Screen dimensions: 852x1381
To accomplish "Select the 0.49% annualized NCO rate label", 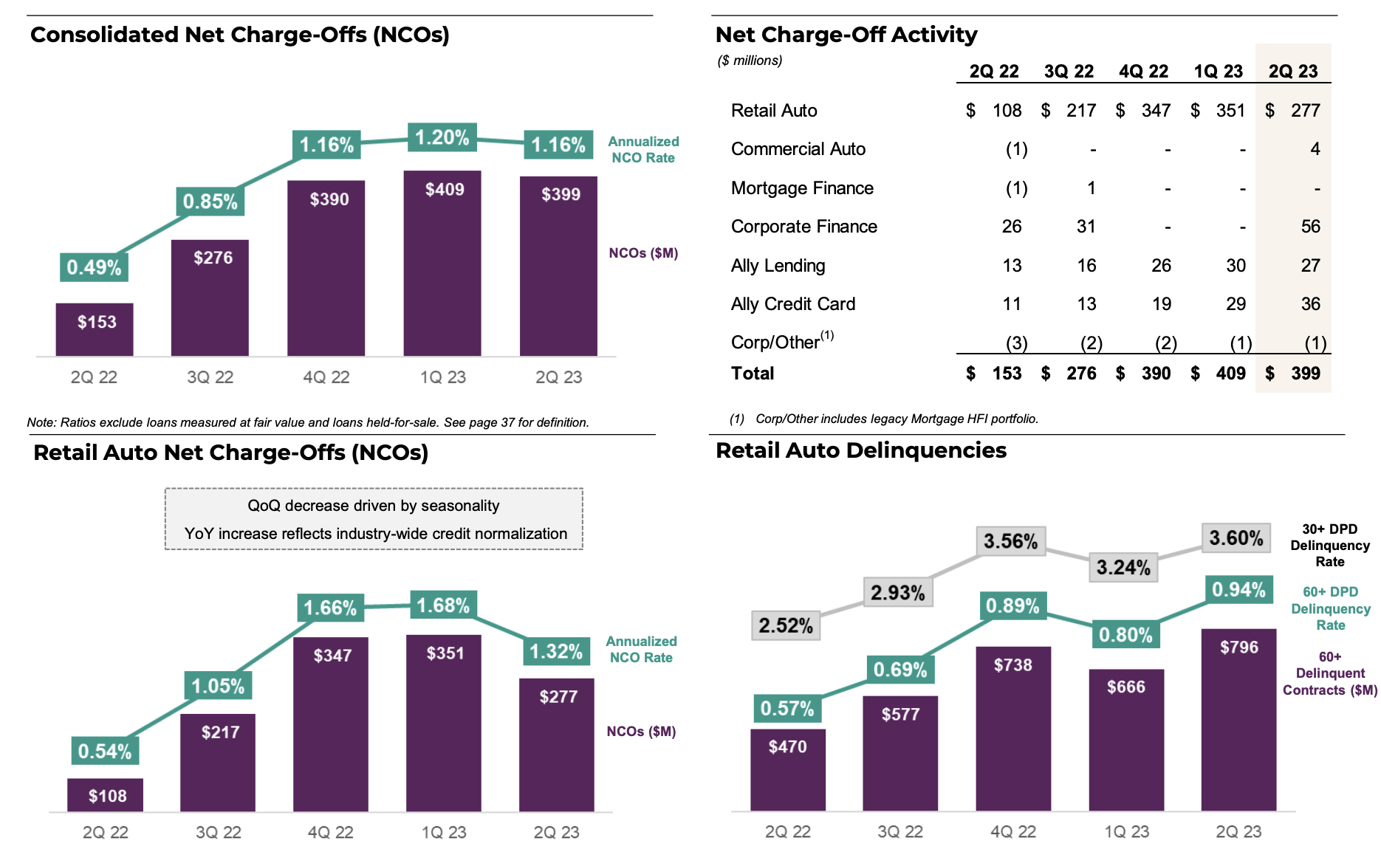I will click(x=94, y=267).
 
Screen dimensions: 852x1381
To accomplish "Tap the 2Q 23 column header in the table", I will click(x=1292, y=72).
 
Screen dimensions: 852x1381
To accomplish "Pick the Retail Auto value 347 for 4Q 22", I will click(x=1156, y=111).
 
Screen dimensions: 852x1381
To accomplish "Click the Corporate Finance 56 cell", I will click(x=1310, y=227).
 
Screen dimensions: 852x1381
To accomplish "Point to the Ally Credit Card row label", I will click(x=792, y=304).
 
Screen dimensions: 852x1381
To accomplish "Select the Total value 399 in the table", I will click(x=1305, y=374).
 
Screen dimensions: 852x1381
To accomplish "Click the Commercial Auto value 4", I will click(x=1315, y=149).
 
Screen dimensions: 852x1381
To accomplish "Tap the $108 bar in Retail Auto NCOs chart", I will click(x=106, y=795).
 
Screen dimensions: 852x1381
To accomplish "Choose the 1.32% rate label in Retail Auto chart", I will click(x=556, y=651).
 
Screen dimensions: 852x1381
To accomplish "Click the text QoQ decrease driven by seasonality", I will click(x=374, y=506).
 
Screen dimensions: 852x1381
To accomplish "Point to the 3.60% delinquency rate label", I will click(x=1236, y=538).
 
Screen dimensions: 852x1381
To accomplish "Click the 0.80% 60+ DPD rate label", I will click(x=1125, y=635).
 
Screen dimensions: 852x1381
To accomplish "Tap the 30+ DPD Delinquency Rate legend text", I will click(x=1329, y=546).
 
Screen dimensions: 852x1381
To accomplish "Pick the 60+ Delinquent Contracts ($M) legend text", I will click(x=1329, y=673).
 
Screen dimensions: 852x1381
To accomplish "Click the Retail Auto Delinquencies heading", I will click(x=860, y=450).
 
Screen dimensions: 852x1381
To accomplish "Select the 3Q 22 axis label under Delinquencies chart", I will click(x=899, y=831).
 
